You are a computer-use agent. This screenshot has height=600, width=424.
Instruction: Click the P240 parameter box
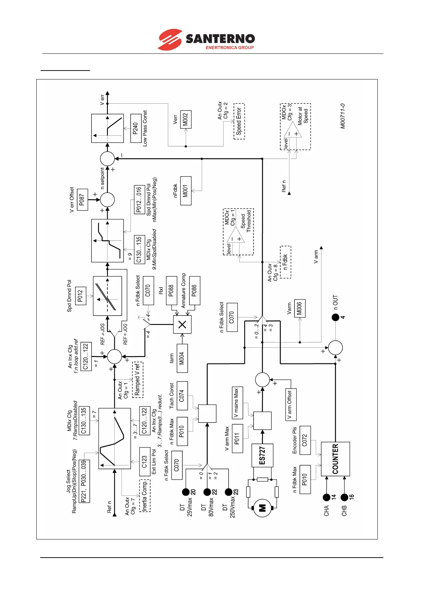pyautogui.click(x=136, y=128)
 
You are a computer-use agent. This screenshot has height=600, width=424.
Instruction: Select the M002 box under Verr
pyautogui.click(x=185, y=119)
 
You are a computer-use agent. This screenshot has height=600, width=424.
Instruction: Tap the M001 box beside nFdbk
pyautogui.click(x=185, y=191)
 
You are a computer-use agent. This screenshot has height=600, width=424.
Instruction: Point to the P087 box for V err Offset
pyautogui.click(x=82, y=200)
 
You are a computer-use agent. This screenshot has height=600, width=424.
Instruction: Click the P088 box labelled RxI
pyautogui.click(x=172, y=290)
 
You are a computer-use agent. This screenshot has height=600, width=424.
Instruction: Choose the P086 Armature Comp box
pyautogui.click(x=194, y=290)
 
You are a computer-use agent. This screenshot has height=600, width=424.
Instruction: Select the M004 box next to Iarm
pyautogui.click(x=182, y=358)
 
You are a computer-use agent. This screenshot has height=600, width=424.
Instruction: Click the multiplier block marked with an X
pyautogui.click(x=182, y=325)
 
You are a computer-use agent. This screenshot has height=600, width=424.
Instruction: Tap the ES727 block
pyautogui.click(x=262, y=455)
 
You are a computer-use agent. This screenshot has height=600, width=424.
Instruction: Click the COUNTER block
pyautogui.click(x=335, y=459)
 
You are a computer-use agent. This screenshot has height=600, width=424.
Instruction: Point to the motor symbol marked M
pyautogui.click(x=262, y=508)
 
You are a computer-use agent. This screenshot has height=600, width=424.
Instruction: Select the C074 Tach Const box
pyautogui.click(x=182, y=395)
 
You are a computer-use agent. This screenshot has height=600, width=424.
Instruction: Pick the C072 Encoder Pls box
pyautogui.click(x=305, y=440)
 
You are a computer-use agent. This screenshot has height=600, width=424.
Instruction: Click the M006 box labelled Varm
pyautogui.click(x=300, y=308)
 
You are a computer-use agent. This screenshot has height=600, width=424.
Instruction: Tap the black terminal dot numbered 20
pyautogui.click(x=185, y=492)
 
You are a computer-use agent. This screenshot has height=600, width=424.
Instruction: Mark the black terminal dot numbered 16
pyautogui.click(x=344, y=497)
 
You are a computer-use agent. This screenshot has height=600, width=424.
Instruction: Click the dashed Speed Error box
pyautogui.click(x=239, y=121)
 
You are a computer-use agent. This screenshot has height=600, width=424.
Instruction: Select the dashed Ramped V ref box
pyautogui.click(x=138, y=379)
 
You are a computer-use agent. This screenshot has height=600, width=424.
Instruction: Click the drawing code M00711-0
pyautogui.click(x=342, y=116)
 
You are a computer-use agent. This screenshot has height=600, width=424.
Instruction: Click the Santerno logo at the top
pyautogui.click(x=206, y=40)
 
